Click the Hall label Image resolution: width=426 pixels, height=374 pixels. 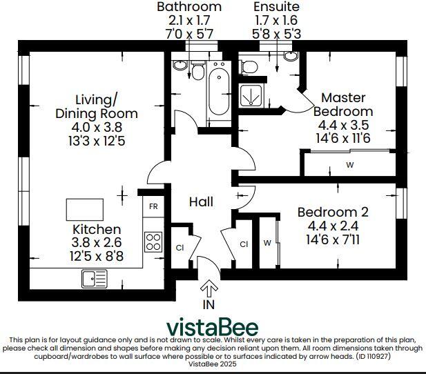(x=201, y=202)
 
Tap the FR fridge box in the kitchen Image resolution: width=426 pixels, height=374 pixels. (x=152, y=206)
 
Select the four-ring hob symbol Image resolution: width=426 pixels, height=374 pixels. (x=153, y=242)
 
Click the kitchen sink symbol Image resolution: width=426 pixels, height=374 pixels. (x=95, y=278)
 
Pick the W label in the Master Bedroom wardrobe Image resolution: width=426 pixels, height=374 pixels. (x=350, y=165)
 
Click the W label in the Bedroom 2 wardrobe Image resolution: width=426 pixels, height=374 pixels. (x=267, y=243)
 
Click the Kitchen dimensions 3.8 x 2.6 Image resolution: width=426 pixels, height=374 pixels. (x=97, y=242)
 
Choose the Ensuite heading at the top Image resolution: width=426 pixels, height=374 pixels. (x=276, y=7)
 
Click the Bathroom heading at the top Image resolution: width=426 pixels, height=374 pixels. (x=189, y=7)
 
